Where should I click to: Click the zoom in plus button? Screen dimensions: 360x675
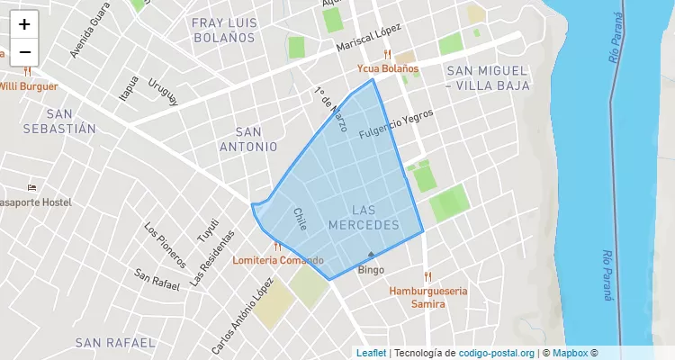24,24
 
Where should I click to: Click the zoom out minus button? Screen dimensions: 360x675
24,52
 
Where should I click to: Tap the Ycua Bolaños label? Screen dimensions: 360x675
388,68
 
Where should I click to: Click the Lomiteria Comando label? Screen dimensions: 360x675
278,260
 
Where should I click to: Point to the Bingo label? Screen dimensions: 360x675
371,270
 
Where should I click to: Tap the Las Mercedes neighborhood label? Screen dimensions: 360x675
363,216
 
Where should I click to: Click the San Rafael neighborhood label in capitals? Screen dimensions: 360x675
115,343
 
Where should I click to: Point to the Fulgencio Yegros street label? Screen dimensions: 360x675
396,124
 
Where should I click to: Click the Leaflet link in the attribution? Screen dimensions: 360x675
371,353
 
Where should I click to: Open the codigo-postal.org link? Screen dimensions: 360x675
497,353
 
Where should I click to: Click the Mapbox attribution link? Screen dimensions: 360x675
571,353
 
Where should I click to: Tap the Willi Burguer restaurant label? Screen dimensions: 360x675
29,86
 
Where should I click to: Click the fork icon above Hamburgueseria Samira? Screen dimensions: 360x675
427,276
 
